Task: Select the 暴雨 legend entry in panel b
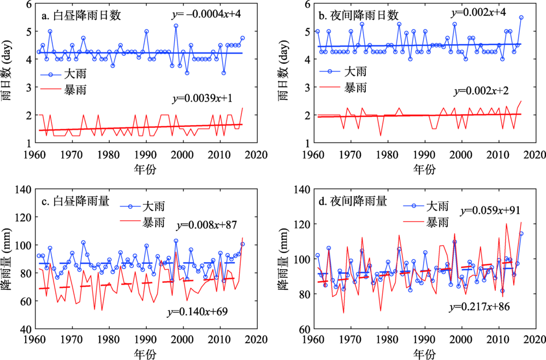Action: coord(355,87)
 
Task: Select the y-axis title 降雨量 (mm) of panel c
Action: coord(9,259)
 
